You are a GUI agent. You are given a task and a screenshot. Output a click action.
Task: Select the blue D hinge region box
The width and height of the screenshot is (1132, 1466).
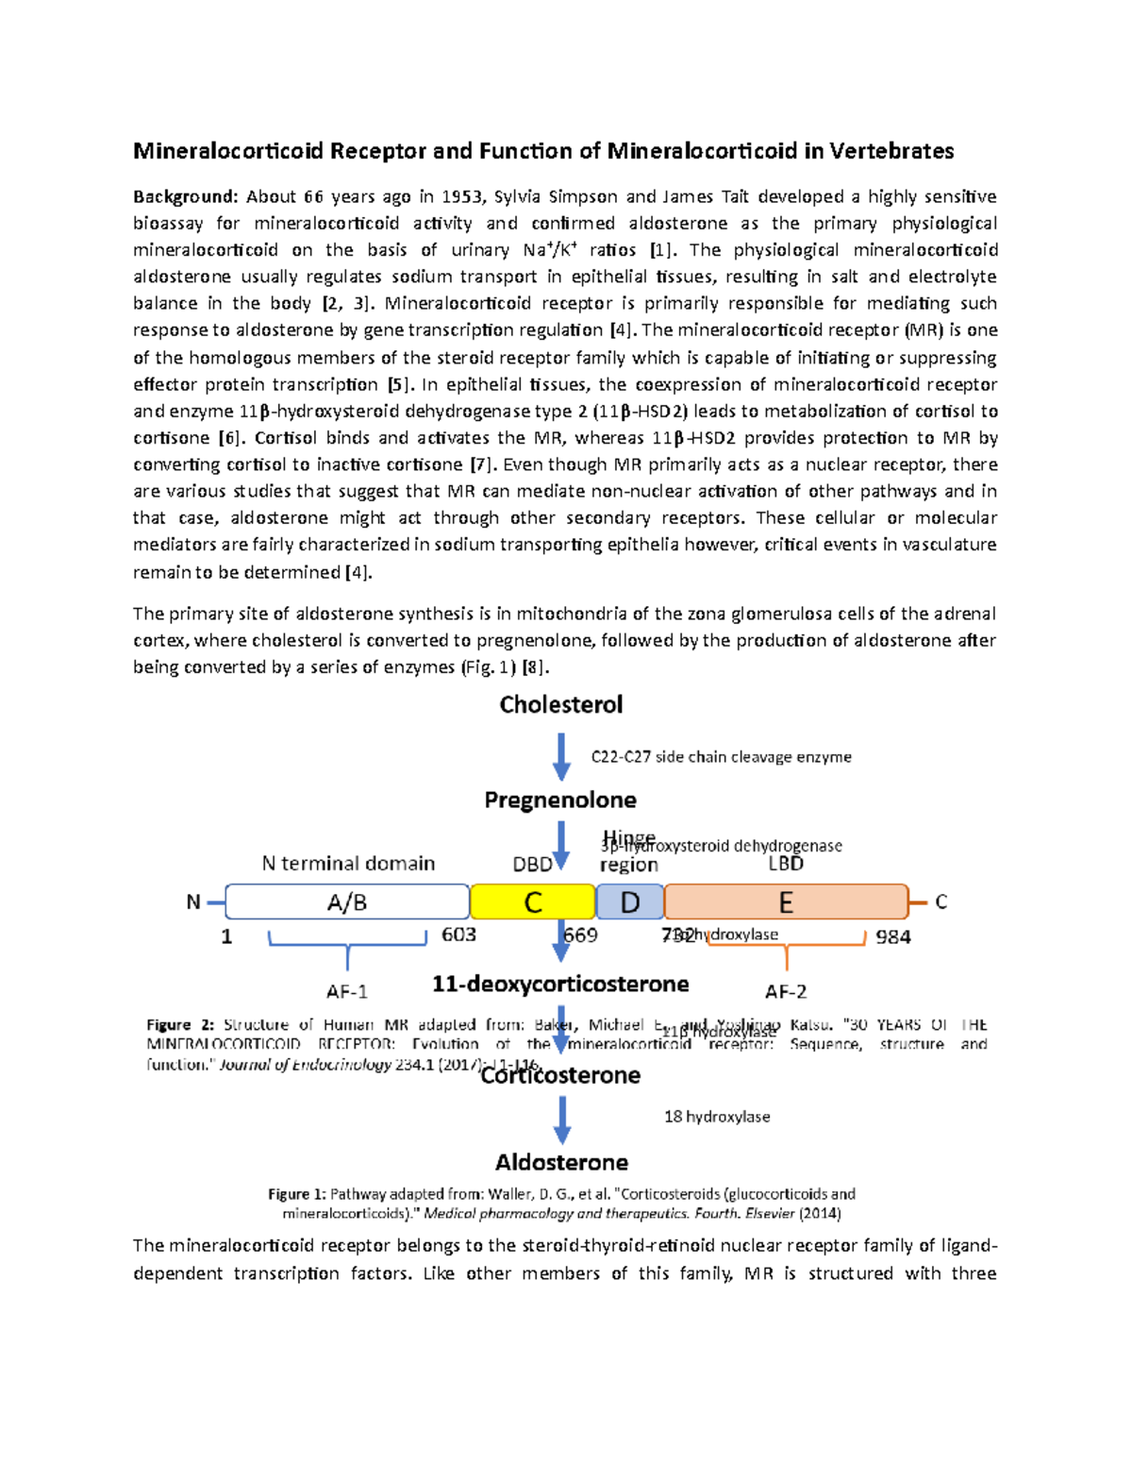630,902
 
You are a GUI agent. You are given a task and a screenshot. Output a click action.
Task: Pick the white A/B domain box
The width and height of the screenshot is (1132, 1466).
347,902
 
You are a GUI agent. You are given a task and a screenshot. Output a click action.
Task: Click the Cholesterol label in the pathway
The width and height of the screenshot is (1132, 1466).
561,705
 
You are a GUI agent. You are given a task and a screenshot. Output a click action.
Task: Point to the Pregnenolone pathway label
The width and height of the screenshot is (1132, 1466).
560,800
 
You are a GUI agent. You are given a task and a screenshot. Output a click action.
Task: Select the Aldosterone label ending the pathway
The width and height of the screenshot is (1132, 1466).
562,1162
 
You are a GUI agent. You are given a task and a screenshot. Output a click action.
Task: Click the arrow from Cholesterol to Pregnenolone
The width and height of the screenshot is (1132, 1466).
561,757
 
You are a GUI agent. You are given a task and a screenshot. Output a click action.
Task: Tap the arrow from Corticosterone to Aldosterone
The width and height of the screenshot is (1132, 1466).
562,1120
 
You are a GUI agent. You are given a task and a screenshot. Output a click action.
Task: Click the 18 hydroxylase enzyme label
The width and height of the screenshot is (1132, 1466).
717,1117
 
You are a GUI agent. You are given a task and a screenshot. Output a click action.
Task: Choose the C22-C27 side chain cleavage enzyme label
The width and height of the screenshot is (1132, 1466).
721,757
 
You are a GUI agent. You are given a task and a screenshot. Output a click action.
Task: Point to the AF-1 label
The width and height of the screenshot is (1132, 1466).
347,991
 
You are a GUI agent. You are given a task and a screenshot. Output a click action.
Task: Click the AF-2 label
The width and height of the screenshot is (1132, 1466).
786,991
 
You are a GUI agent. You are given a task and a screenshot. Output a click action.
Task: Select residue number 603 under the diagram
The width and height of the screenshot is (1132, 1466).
459,935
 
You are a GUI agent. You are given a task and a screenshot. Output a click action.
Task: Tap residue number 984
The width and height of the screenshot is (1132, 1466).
892,936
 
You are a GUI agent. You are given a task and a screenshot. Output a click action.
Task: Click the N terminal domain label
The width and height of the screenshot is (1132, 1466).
348,863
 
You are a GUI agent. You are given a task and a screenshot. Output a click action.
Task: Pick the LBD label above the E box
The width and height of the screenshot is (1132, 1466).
786,864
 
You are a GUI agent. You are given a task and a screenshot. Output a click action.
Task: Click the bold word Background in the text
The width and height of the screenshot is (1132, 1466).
185,196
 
